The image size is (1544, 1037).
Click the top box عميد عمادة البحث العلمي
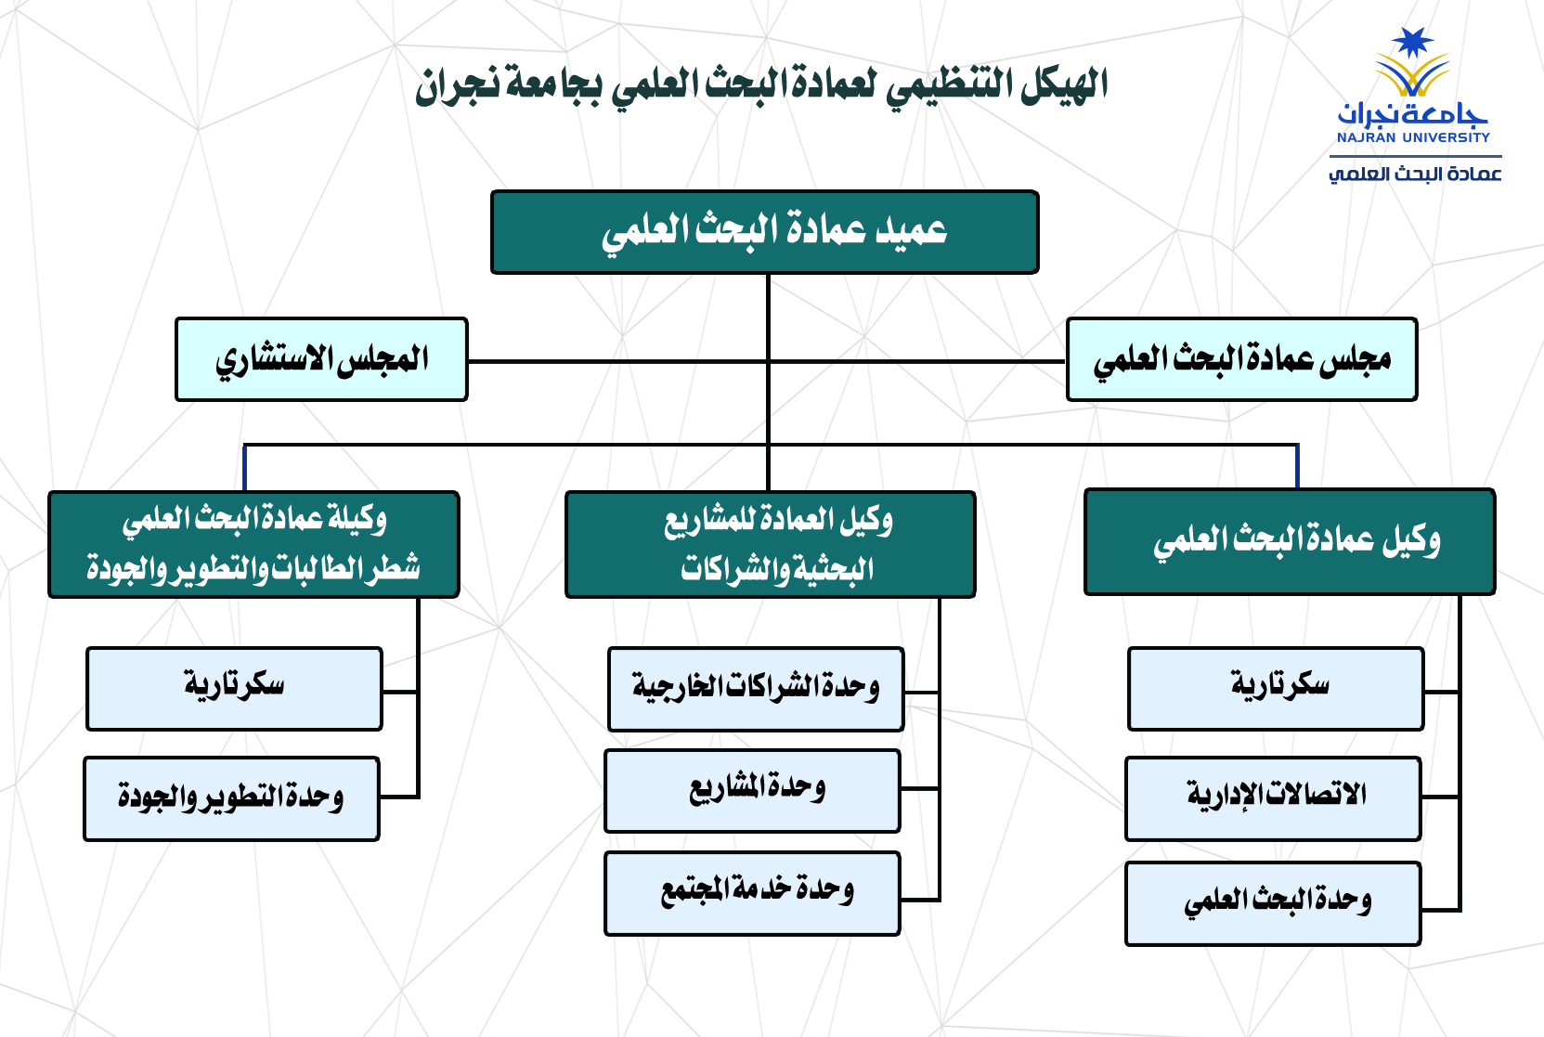(x=764, y=232)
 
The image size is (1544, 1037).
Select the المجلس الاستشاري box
(x=321, y=359)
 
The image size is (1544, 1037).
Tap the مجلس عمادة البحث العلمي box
(x=1241, y=359)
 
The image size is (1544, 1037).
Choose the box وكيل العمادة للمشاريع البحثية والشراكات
(x=770, y=544)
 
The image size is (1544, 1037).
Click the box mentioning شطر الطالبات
(x=253, y=544)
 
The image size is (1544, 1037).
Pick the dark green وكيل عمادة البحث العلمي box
(x=1289, y=542)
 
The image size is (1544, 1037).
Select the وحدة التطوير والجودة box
(x=231, y=798)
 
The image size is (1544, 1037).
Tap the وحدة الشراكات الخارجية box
(x=756, y=689)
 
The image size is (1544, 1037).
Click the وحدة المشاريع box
(x=752, y=790)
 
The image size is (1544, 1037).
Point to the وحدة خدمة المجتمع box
(x=752, y=892)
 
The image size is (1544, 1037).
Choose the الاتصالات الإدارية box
(x=1273, y=798)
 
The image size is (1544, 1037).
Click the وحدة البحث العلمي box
(x=1273, y=903)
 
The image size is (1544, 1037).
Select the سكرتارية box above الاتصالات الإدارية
(x=1276, y=688)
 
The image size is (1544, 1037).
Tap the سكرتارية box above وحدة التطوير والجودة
(x=234, y=688)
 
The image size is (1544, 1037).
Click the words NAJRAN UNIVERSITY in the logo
(x=1413, y=137)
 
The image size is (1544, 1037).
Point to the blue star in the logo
(x=1412, y=42)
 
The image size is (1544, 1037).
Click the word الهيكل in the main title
(x=1065, y=86)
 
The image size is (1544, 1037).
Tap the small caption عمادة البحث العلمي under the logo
(x=1414, y=174)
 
